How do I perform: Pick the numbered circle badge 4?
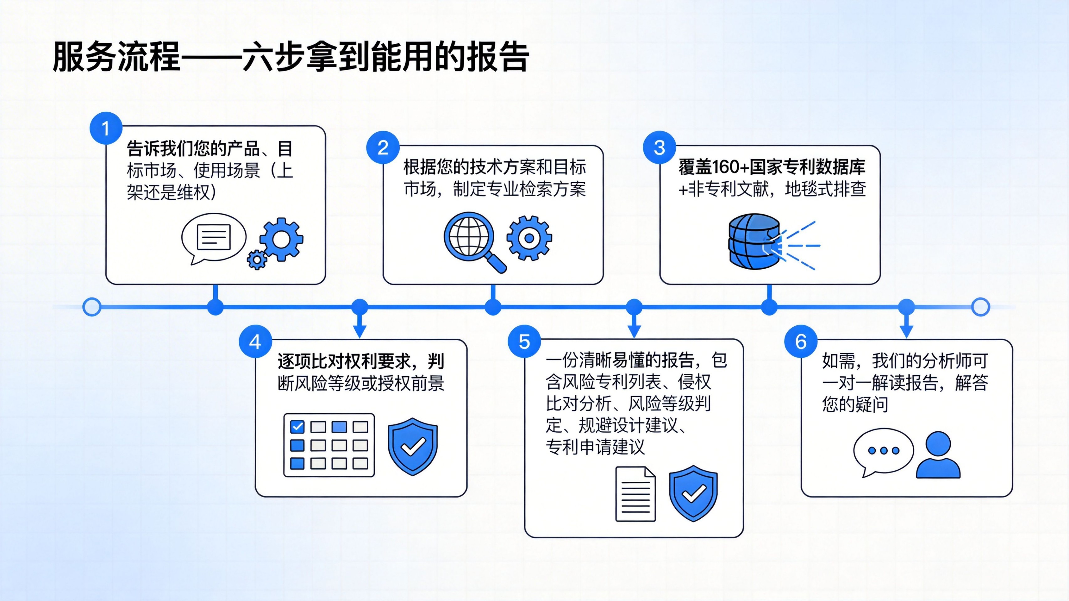(255, 342)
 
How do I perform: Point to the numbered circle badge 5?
(524, 342)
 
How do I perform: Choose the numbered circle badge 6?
(801, 342)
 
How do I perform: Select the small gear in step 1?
(257, 260)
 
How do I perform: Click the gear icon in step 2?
(529, 238)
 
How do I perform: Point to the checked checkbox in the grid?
(297, 426)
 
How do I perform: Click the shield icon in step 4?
(413, 446)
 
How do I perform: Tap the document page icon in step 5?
(635, 494)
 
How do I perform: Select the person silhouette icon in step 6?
(938, 455)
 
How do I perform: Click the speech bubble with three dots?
(883, 451)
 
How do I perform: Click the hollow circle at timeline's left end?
(92, 307)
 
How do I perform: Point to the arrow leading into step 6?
(906, 326)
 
